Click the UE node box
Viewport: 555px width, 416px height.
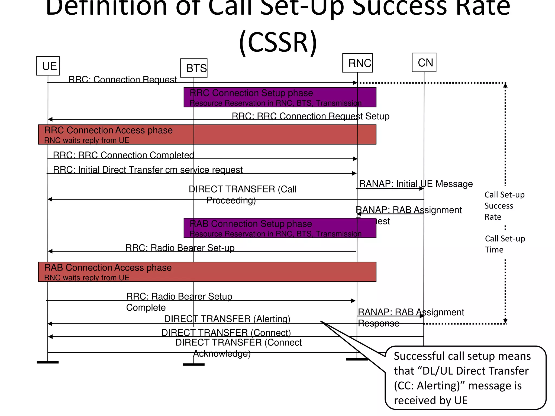click(48, 66)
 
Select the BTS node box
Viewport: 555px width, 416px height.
click(194, 68)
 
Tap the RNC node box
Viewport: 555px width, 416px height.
click(357, 63)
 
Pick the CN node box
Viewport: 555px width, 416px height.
click(424, 63)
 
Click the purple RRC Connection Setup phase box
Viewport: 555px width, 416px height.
click(280, 97)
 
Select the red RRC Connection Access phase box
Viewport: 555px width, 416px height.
click(207, 134)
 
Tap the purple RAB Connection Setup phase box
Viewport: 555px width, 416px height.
click(280, 228)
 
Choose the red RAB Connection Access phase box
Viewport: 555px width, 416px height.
click(207, 272)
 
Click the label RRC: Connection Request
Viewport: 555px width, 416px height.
click(122, 79)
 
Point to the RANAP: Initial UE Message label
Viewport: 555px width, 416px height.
click(416, 184)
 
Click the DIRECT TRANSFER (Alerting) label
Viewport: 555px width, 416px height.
click(227, 319)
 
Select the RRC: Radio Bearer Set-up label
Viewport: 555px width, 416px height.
click(180, 248)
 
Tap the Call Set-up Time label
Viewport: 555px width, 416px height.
click(505, 244)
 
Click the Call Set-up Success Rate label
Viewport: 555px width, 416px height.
click(504, 206)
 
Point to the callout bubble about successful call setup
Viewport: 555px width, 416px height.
click(465, 378)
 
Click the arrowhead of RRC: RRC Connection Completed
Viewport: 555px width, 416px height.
click(355, 159)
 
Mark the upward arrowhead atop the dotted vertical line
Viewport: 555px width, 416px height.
click(505, 86)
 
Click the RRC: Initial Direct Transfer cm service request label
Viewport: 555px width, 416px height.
click(148, 170)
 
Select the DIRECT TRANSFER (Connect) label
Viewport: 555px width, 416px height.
click(226, 332)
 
